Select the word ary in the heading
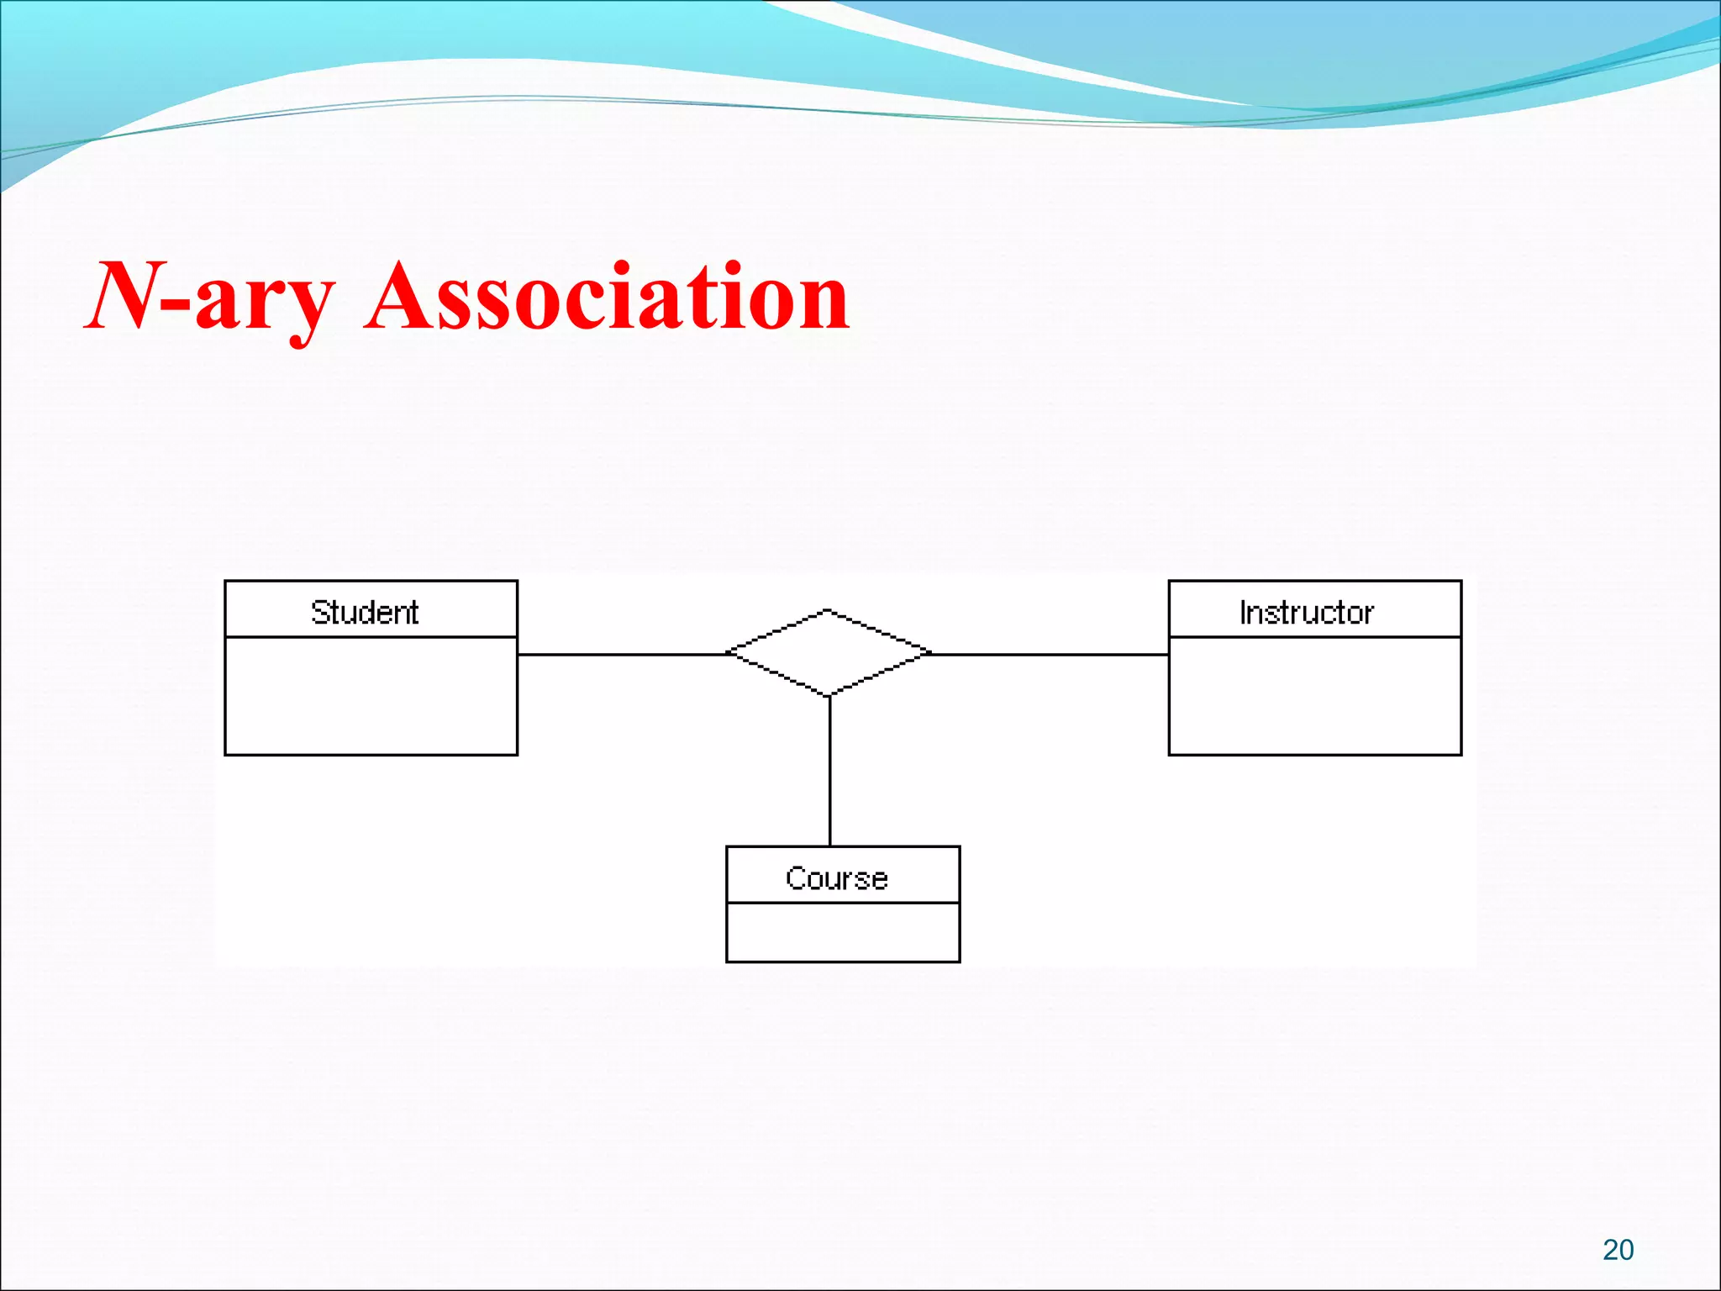[x=263, y=303]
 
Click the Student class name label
[x=365, y=612]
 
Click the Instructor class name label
[x=1307, y=612]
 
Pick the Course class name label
[x=837, y=878]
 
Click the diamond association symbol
[x=829, y=653]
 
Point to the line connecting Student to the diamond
[x=622, y=654]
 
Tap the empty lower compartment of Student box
[x=371, y=696]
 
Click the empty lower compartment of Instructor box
[x=1315, y=696]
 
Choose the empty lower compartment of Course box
[x=843, y=932]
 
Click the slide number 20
[x=1618, y=1250]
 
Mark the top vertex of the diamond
[x=829, y=610]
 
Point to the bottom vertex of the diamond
[x=829, y=696]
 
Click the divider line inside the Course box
[x=843, y=903]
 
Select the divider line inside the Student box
[x=371, y=637]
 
